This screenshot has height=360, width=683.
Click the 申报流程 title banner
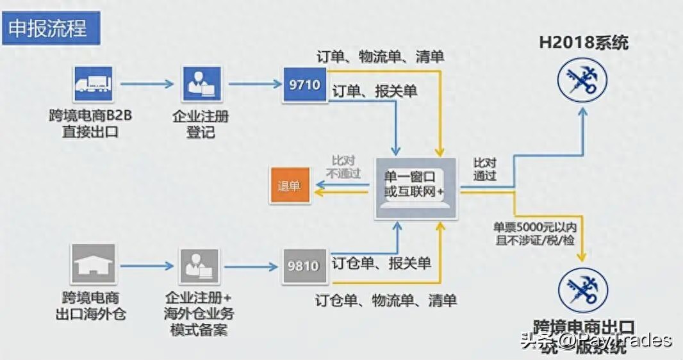click(51, 29)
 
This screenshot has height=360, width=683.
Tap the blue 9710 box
click(305, 83)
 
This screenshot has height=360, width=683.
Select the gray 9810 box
click(304, 265)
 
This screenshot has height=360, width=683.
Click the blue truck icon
click(93, 84)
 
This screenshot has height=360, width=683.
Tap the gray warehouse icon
click(93, 263)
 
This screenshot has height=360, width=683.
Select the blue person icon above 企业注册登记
click(202, 84)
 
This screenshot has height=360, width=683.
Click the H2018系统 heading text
click(583, 43)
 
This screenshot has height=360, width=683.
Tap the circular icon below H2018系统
click(582, 79)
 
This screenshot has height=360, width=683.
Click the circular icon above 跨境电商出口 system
click(582, 290)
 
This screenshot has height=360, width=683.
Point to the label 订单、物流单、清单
click(381, 56)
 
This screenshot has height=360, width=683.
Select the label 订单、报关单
click(375, 92)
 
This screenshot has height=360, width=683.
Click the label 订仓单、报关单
click(381, 263)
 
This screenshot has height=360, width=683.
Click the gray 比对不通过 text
click(343, 167)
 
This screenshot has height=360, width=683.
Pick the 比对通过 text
click(484, 169)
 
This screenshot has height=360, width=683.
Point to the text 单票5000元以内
click(534, 227)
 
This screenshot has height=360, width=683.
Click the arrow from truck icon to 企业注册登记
click(147, 84)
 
